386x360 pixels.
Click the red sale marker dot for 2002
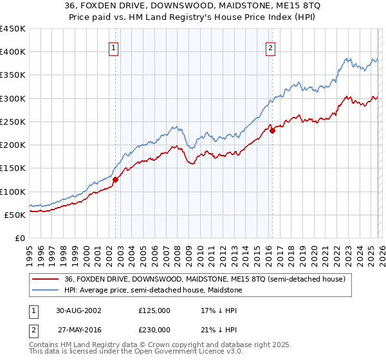point(116,181)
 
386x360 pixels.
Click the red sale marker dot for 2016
point(272,130)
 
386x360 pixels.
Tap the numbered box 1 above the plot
point(114,48)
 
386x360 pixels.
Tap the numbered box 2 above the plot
point(270,48)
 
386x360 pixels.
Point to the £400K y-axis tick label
point(13,52)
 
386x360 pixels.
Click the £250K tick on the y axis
point(13,122)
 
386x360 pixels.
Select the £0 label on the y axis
point(21,238)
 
